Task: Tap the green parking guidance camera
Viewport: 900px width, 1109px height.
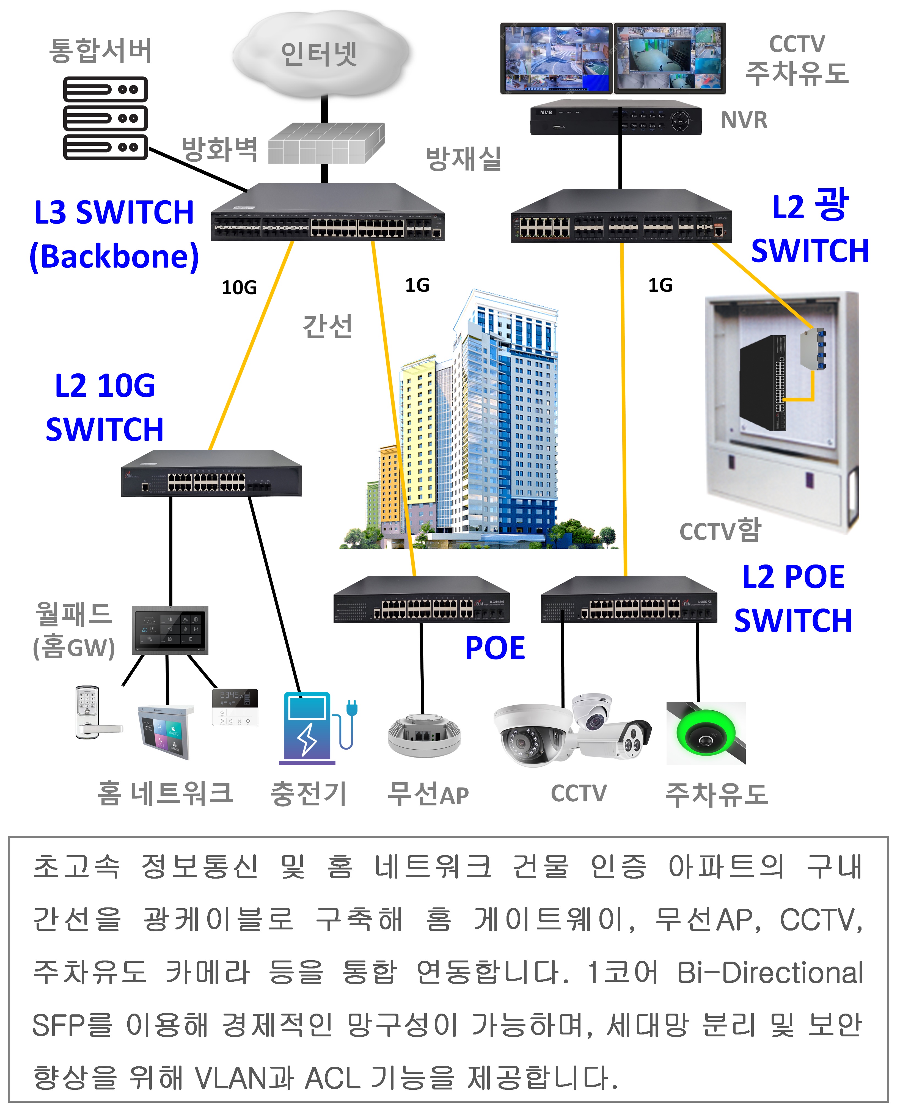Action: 706,733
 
